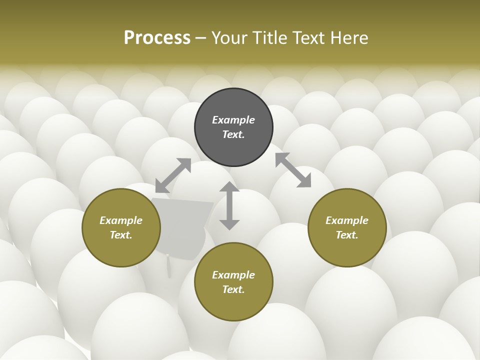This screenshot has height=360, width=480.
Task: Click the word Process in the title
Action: point(157,37)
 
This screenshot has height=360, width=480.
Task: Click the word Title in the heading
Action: point(269,37)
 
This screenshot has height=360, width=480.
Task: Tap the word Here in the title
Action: point(348,37)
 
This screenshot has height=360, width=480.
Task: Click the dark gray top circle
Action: point(233,145)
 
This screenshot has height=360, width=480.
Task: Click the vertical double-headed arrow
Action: point(229,205)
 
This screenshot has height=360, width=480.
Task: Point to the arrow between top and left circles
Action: point(173,175)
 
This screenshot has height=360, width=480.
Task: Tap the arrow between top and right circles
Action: point(293,170)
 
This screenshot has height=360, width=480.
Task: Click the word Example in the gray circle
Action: point(233,120)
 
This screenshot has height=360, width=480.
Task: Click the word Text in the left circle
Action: point(121,235)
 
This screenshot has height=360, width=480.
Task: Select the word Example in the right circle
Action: point(347,220)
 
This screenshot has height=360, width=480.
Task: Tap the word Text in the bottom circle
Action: point(233,289)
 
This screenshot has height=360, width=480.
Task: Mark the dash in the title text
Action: point(201,38)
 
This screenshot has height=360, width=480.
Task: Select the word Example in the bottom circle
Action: point(233,275)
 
